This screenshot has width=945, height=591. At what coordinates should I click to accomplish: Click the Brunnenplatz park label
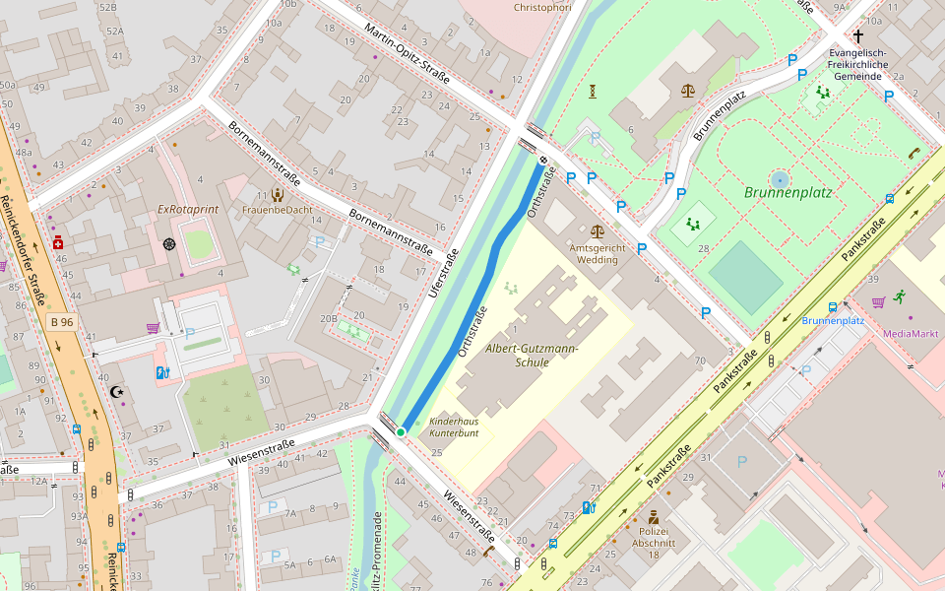click(787, 193)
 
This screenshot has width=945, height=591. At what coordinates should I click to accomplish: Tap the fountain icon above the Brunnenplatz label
click(780, 179)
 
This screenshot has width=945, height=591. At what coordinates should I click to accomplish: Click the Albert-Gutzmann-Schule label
click(533, 356)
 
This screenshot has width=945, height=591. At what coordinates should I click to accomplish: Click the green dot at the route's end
click(401, 431)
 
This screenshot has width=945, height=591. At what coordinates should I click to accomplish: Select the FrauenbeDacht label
click(277, 210)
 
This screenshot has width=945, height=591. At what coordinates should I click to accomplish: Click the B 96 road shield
click(62, 322)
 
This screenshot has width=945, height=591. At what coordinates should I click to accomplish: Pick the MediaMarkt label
click(910, 333)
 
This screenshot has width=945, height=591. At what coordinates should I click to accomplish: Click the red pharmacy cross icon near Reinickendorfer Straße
click(58, 242)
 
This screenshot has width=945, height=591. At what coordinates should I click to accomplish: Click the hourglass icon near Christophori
click(594, 92)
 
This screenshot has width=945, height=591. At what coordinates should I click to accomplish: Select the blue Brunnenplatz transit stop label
click(832, 320)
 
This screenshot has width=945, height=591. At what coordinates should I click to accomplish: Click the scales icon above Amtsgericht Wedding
click(687, 91)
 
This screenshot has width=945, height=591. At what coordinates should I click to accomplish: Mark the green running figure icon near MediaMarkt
click(900, 296)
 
